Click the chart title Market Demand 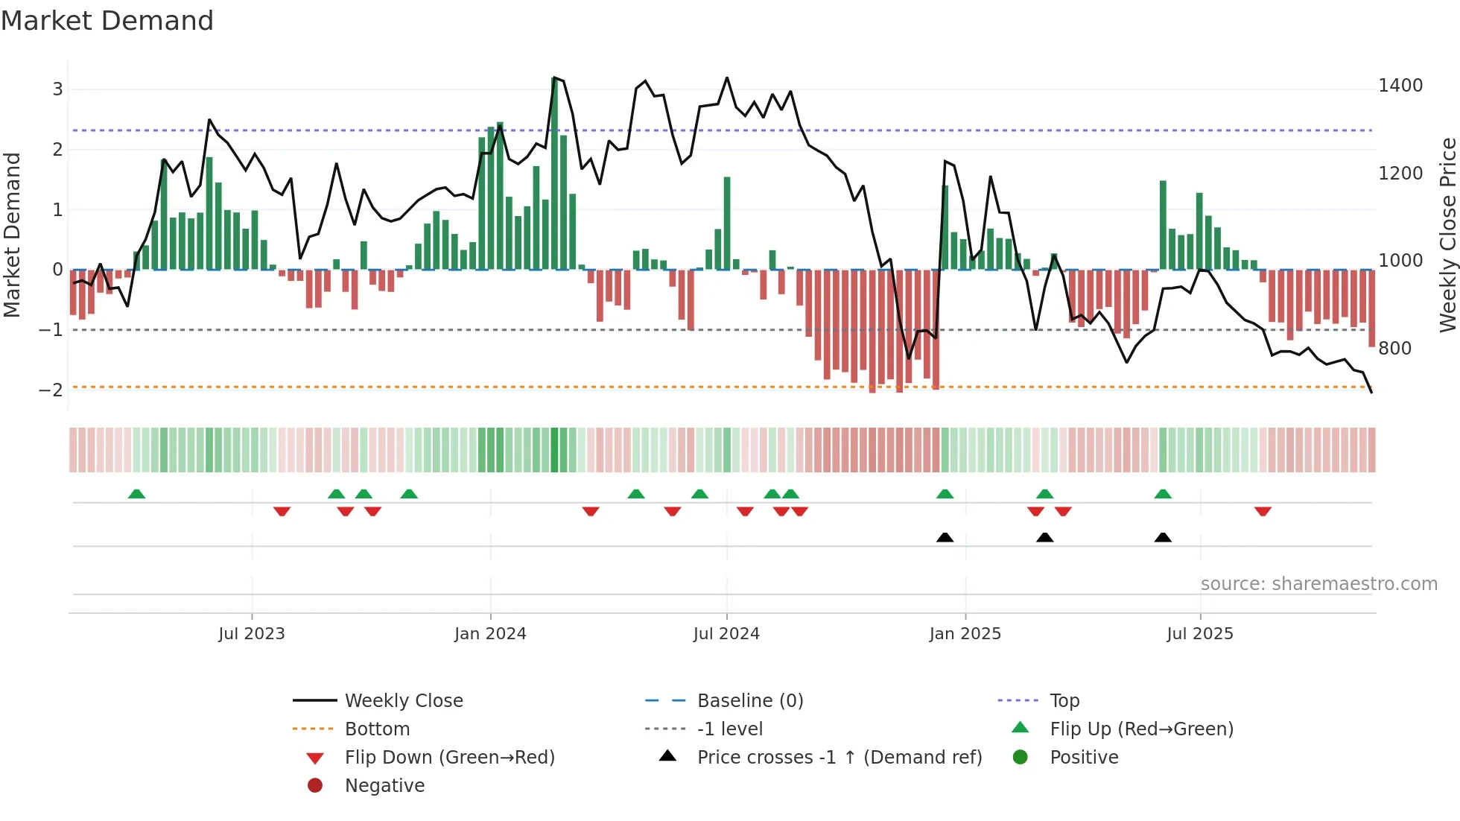click(107, 21)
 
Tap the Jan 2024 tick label click(490, 634)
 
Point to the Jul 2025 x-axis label click(1200, 634)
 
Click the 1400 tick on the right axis click(1400, 86)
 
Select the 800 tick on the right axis click(1394, 349)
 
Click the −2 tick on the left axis click(51, 390)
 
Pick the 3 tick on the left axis click(57, 89)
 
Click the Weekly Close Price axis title click(1447, 235)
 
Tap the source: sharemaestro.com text click(1318, 584)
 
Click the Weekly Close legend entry click(403, 701)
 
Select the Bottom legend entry click(377, 729)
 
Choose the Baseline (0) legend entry click(749, 701)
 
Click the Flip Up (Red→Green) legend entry click(1141, 729)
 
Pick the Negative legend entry click(384, 786)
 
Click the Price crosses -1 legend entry click(839, 758)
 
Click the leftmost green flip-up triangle click(136, 494)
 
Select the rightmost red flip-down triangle click(1263, 511)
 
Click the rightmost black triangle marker click(1163, 537)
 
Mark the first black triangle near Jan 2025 click(945, 537)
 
